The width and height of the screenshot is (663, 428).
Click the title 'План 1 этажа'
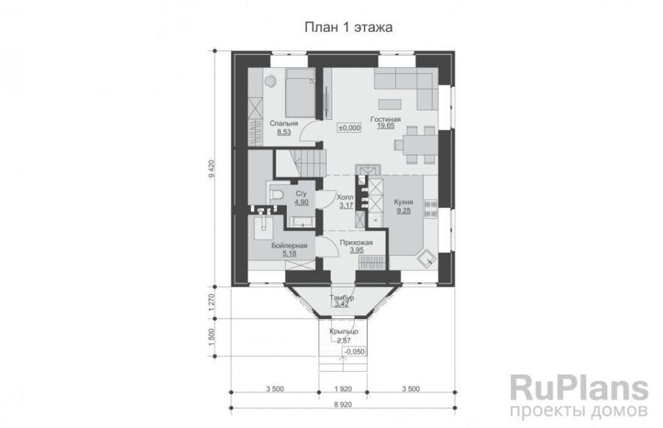(348, 27)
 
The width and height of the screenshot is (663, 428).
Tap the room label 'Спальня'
(284, 124)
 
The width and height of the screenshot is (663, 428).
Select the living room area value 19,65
(386, 126)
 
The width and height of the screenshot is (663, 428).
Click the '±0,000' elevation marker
(350, 128)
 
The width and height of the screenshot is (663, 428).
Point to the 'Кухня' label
(403, 202)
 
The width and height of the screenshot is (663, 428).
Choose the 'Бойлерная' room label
(289, 245)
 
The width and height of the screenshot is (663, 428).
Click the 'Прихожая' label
(357, 242)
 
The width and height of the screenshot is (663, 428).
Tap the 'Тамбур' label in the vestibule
(342, 298)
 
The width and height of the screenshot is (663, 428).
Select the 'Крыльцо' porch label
(344, 331)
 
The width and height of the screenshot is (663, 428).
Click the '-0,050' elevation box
(354, 352)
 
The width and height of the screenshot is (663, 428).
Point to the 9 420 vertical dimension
(212, 170)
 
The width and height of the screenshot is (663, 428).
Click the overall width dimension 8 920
(343, 404)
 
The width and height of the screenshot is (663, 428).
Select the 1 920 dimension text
(343, 389)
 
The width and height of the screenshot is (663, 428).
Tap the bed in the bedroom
(300, 93)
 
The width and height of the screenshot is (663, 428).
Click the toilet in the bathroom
(276, 194)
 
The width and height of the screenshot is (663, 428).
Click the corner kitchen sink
(426, 258)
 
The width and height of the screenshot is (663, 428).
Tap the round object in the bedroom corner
(270, 80)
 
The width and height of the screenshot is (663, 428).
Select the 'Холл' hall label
(345, 197)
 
